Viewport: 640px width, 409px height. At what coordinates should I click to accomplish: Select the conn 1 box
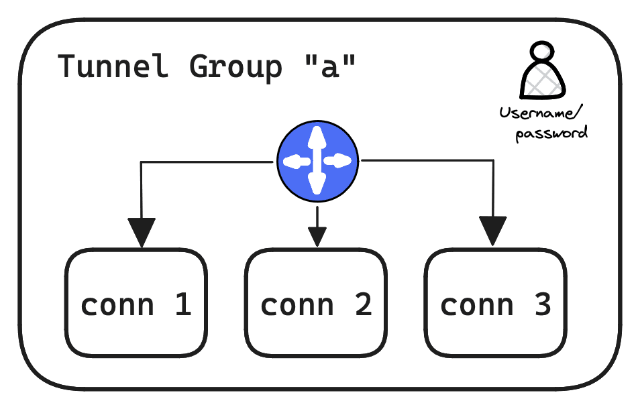(136, 302)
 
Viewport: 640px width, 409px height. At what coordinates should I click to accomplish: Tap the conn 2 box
(316, 302)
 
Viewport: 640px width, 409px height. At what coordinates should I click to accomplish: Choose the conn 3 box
(496, 302)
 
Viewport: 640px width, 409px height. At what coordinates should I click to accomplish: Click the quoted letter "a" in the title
(328, 67)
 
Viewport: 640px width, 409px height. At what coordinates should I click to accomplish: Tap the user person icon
(542, 72)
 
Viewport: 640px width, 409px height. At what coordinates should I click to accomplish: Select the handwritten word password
(551, 133)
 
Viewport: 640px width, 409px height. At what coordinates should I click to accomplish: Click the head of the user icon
(541, 53)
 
